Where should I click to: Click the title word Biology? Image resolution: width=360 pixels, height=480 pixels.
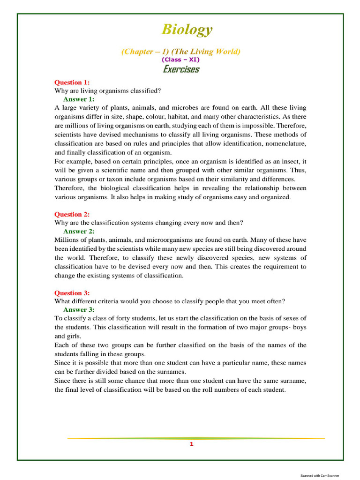click(187, 30)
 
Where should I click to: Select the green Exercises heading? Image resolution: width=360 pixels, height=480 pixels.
click(181, 69)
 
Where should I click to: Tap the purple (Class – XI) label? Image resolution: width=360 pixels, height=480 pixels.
click(180, 60)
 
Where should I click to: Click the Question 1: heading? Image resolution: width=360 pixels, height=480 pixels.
click(72, 82)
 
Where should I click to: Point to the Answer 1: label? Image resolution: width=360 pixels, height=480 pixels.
click(79, 99)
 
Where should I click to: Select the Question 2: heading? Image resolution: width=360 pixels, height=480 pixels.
click(72, 214)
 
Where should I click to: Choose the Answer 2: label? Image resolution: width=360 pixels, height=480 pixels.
click(79, 231)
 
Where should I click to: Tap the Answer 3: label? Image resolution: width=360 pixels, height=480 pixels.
click(79, 310)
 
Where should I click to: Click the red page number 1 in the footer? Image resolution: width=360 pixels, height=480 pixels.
click(192, 444)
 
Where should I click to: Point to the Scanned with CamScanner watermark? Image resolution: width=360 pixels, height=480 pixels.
click(320, 475)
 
